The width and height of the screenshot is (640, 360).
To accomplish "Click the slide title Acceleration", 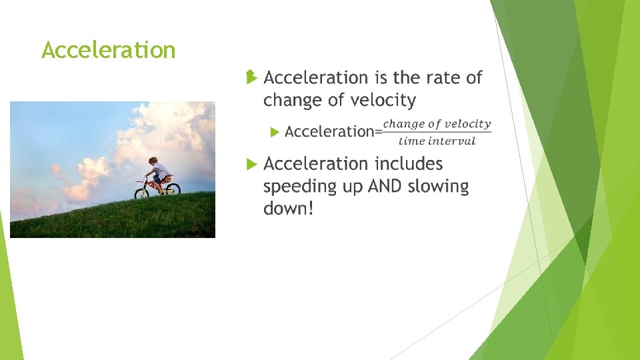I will coord(108,50).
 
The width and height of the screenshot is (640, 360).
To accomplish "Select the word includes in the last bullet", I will coord(409,164).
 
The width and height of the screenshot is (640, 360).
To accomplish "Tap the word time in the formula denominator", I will coord(411,141).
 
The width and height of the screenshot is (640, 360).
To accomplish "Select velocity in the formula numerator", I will coord(468,124).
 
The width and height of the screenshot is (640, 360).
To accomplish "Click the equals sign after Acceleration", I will coord(378,132).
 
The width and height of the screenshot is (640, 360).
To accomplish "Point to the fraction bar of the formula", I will coord(436,132).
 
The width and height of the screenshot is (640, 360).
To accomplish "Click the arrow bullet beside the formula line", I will coord(275,132).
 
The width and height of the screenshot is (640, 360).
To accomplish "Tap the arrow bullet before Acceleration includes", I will coord(251,164).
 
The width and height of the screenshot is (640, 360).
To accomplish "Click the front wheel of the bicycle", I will coord(142,193).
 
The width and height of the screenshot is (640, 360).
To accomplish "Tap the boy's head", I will coord(153,161).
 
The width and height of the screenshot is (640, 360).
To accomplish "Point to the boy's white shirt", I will coord(161,172).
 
